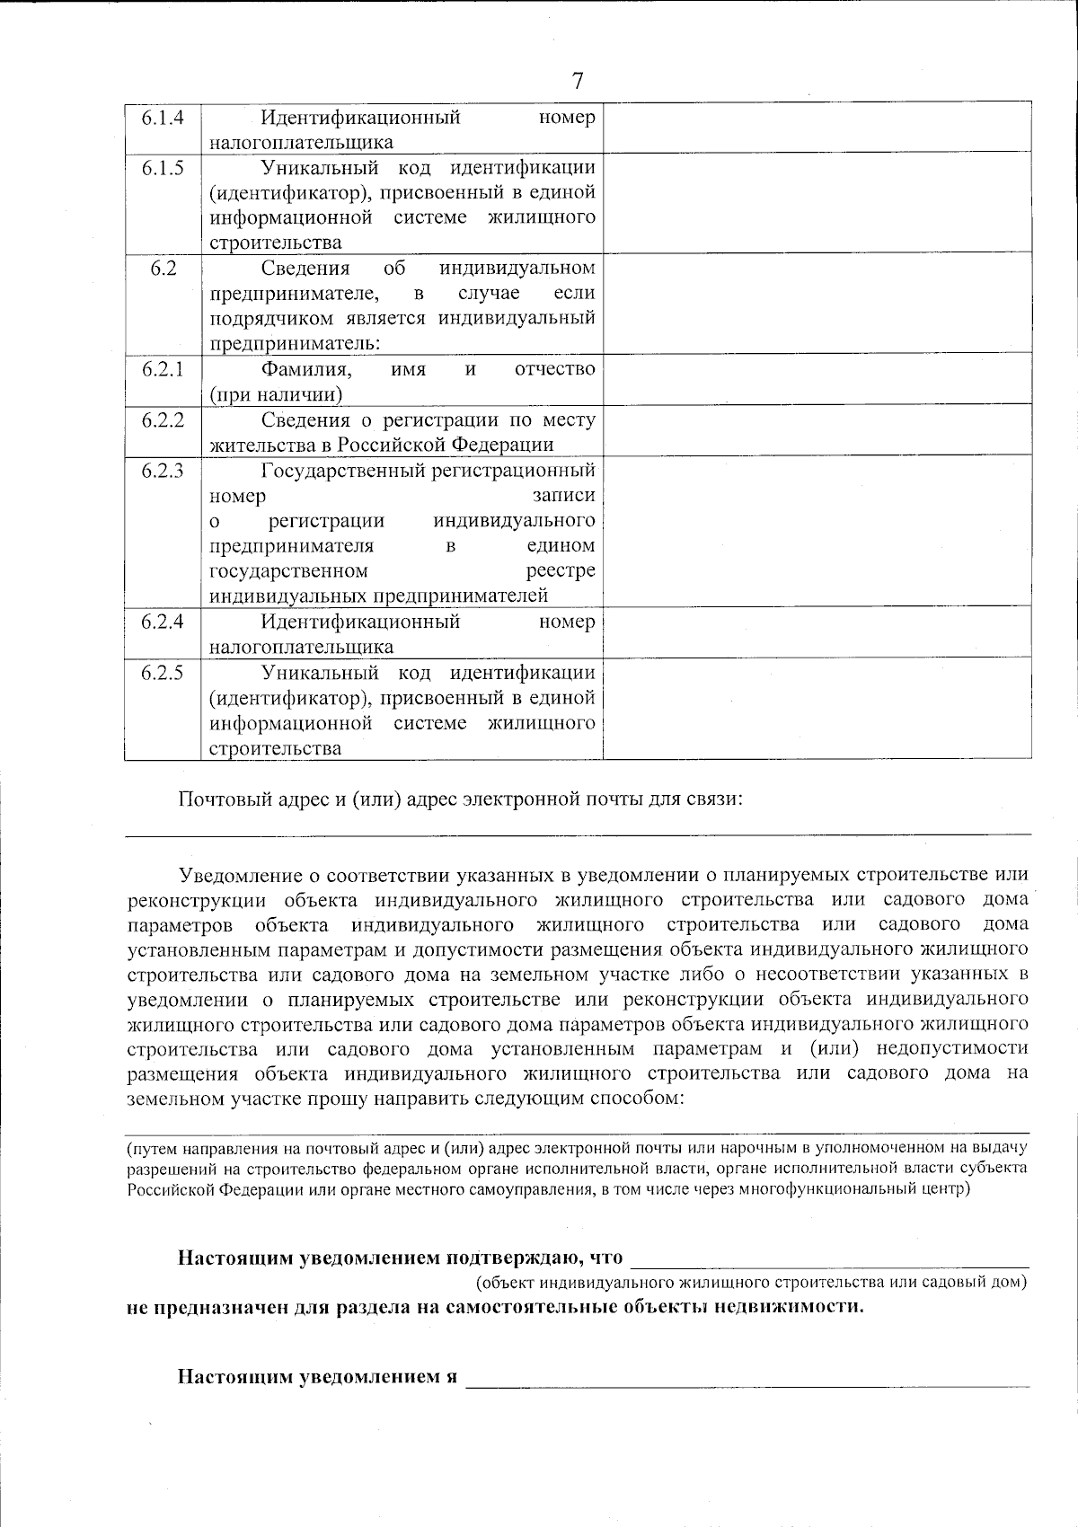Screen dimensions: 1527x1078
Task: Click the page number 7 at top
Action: (578, 82)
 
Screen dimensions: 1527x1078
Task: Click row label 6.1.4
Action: (163, 118)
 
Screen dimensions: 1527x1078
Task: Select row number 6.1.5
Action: (163, 168)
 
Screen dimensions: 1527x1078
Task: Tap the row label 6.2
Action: (163, 269)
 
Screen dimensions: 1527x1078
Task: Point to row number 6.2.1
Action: (163, 369)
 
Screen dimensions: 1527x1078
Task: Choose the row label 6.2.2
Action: (163, 419)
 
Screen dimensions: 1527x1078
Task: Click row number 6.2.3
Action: (163, 471)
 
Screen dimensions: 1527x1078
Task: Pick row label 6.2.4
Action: (163, 622)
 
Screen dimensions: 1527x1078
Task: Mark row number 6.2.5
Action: (163, 673)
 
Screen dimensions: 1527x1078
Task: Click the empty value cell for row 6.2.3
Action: (817, 533)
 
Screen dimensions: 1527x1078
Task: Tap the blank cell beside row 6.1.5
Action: (817, 205)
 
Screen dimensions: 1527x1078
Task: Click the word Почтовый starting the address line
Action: (216, 799)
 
